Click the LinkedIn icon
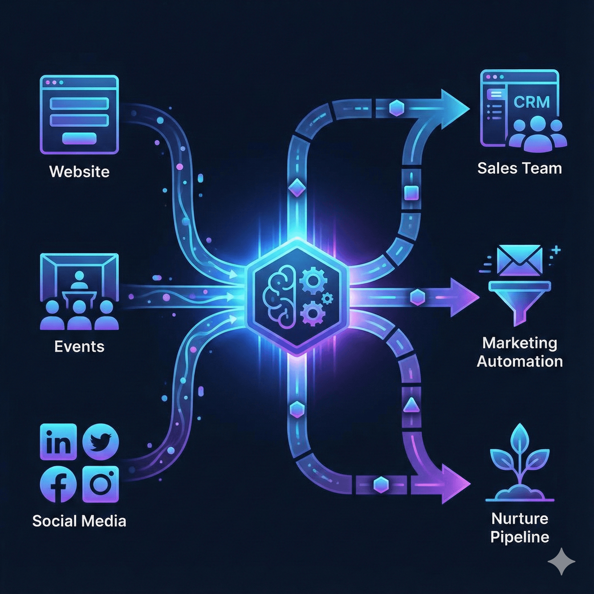point(58,442)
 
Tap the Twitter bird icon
point(101,442)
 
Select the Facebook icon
point(58,484)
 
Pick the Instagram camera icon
point(101,484)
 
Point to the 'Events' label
point(79,347)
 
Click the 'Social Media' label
point(79,521)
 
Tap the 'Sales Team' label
point(519,168)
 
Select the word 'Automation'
point(519,361)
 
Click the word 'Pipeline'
point(519,537)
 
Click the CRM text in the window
point(532,102)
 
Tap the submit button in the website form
point(79,138)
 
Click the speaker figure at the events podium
point(79,280)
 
